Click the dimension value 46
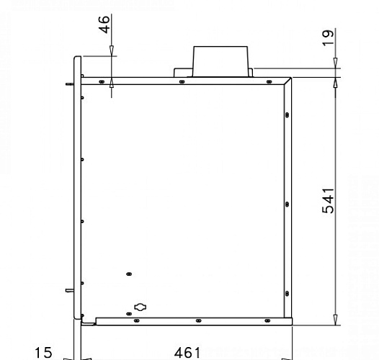(104, 24)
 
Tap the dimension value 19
(328, 37)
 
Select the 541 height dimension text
(328, 201)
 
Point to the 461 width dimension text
(187, 353)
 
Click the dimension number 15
(43, 353)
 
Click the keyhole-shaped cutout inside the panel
(141, 307)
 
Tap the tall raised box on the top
(220, 62)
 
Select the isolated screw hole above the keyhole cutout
(129, 274)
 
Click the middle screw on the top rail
(182, 82)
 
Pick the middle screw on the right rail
(287, 204)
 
